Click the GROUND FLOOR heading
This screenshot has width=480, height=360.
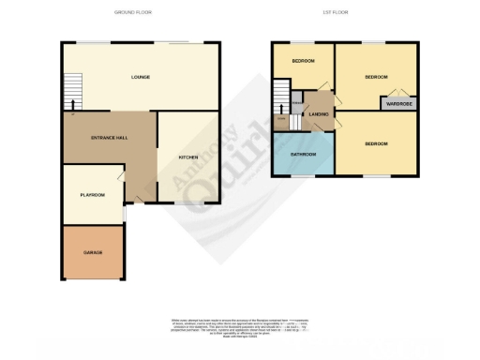pyautogui.click(x=132, y=12)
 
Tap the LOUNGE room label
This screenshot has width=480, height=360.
pyautogui.click(x=140, y=77)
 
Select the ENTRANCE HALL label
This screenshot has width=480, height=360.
pyautogui.click(x=109, y=138)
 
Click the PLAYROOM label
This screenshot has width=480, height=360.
pyautogui.click(x=91, y=194)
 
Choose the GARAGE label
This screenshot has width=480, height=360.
pyautogui.click(x=92, y=252)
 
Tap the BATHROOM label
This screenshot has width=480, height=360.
pyautogui.click(x=302, y=154)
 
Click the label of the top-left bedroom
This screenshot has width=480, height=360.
pyautogui.click(x=302, y=61)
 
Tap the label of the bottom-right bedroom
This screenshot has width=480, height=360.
pyautogui.click(x=377, y=143)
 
